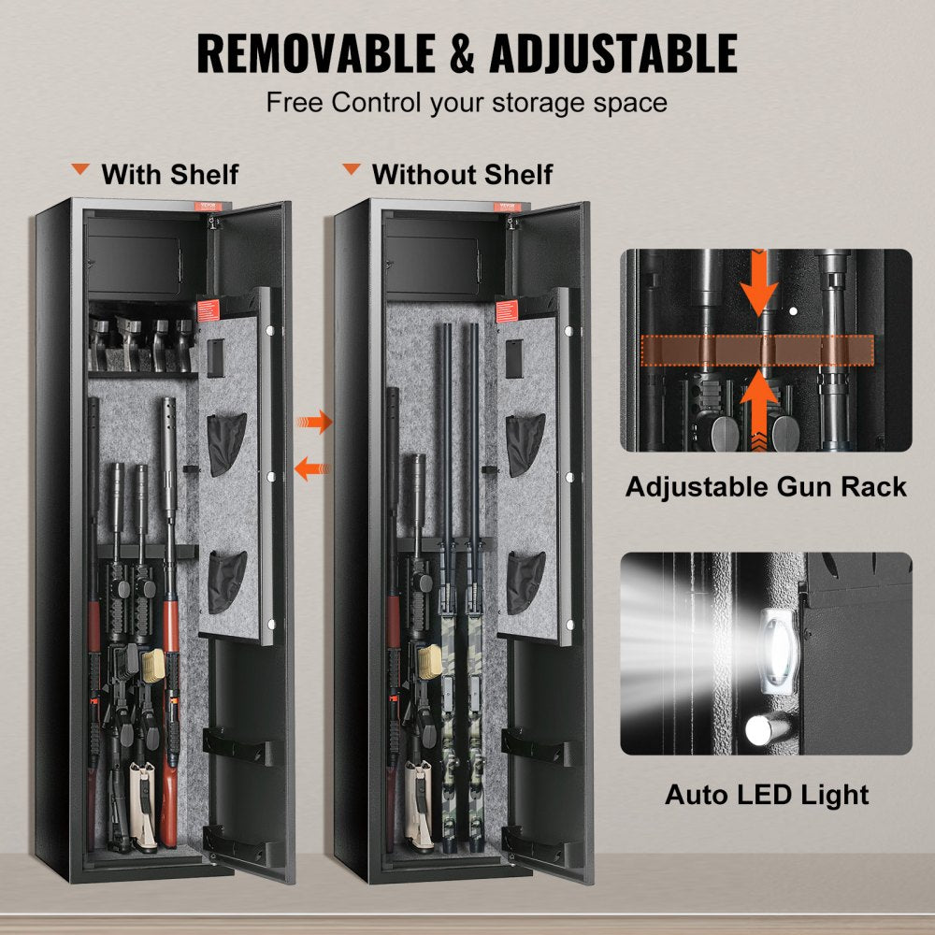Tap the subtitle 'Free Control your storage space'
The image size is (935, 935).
[467, 102]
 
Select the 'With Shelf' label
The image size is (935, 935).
[169, 174]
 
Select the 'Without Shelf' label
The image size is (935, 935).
[462, 174]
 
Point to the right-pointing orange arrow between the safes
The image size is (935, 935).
[314, 422]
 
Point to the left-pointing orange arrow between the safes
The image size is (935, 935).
[312, 467]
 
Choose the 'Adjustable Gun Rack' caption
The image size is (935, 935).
[766, 486]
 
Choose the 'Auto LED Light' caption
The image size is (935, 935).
[766, 795]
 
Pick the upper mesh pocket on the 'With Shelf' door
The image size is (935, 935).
[226, 444]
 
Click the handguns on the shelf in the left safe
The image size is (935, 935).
[140, 342]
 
